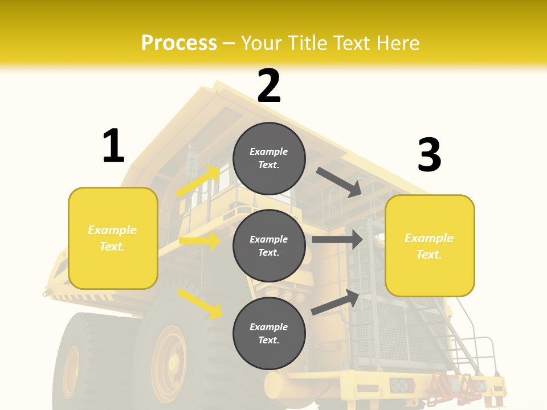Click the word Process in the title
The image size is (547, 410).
click(179, 43)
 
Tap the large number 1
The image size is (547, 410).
click(113, 146)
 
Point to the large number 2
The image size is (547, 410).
click(269, 86)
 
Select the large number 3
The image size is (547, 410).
click(429, 155)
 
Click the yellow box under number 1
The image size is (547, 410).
click(113, 238)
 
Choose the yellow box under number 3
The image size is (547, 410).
click(430, 245)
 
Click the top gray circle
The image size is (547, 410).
click(269, 158)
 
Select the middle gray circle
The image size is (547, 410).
click(269, 245)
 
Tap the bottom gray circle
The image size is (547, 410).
click(269, 333)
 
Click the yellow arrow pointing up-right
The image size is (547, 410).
click(198, 181)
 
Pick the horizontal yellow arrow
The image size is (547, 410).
click(199, 241)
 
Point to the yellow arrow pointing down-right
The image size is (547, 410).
click(199, 303)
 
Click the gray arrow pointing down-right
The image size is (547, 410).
click(340, 182)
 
